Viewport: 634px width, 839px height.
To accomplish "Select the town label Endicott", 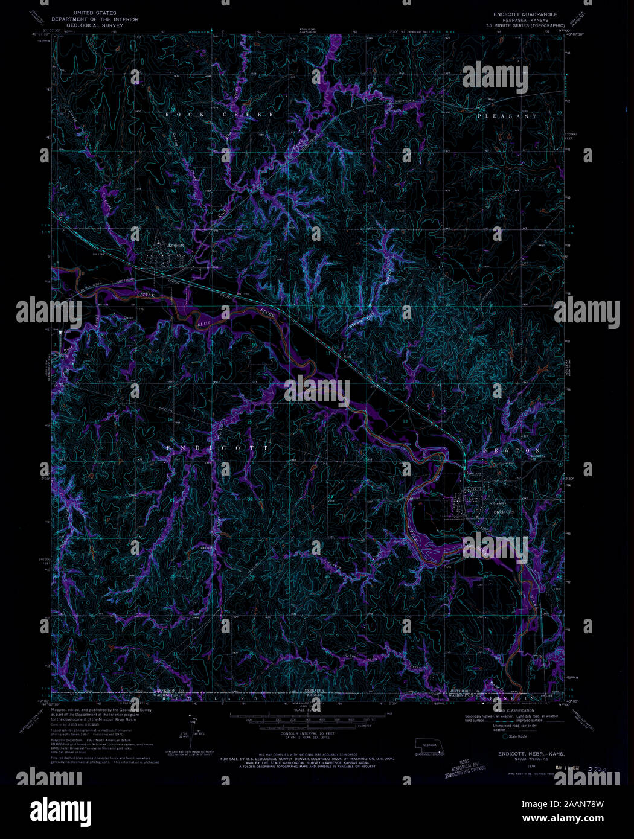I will click(176, 246).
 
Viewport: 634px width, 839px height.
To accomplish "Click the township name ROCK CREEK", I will click(220, 114).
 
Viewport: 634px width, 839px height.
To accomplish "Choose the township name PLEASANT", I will click(506, 116).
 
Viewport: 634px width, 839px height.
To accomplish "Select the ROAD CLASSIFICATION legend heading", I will click(508, 712).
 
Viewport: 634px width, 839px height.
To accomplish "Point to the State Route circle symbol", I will click(505, 736).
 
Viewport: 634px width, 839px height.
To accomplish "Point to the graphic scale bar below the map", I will click(310, 720).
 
